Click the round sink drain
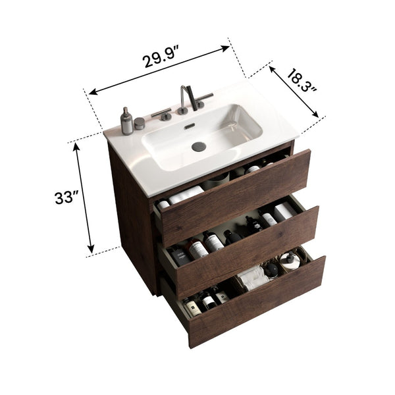199,147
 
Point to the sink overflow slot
190,124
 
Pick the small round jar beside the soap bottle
140,122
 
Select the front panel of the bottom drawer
257,300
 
